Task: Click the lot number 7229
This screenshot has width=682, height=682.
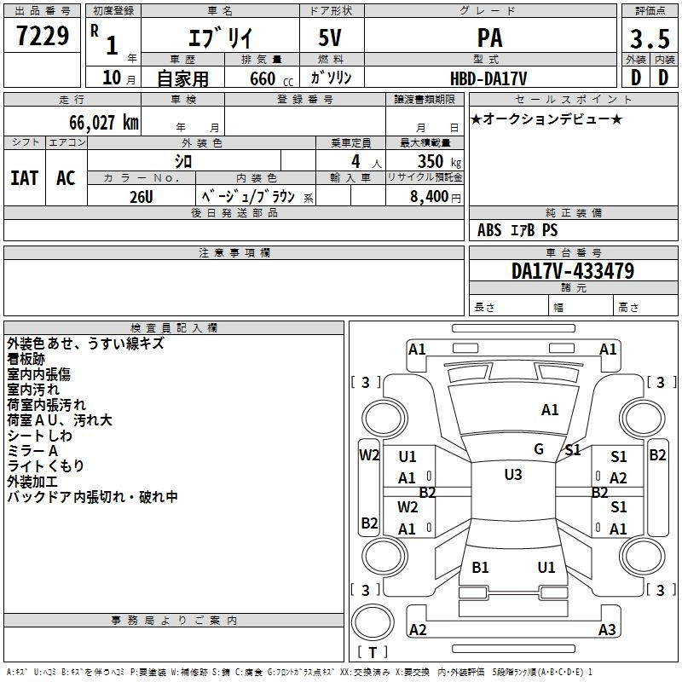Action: click(43, 36)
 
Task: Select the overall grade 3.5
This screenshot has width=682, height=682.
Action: click(650, 38)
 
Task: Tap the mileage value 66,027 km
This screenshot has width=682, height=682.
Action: click(104, 123)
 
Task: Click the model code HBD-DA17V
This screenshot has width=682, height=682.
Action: click(488, 78)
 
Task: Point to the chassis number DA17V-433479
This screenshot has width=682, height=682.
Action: click(573, 271)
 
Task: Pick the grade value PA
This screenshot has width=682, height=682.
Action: click(489, 38)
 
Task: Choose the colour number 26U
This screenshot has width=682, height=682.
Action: click(142, 197)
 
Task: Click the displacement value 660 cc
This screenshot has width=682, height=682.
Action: click(271, 78)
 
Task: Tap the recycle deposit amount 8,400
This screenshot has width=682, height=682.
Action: click(429, 197)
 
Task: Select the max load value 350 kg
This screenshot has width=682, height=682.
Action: click(439, 161)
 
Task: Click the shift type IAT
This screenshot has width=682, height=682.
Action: click(25, 178)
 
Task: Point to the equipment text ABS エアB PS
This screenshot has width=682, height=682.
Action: click(517, 230)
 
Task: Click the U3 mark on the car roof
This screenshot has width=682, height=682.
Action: click(513, 475)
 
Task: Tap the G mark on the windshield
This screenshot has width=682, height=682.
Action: click(539, 449)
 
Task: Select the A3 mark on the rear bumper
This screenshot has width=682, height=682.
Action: click(607, 629)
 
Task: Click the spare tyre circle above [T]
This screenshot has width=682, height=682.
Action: click(373, 622)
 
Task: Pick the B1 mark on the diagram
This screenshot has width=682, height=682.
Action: click(480, 567)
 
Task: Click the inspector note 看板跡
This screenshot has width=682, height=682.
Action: click(26, 359)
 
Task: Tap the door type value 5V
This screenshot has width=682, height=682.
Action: click(330, 38)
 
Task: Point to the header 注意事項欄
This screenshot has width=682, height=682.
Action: click(234, 252)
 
